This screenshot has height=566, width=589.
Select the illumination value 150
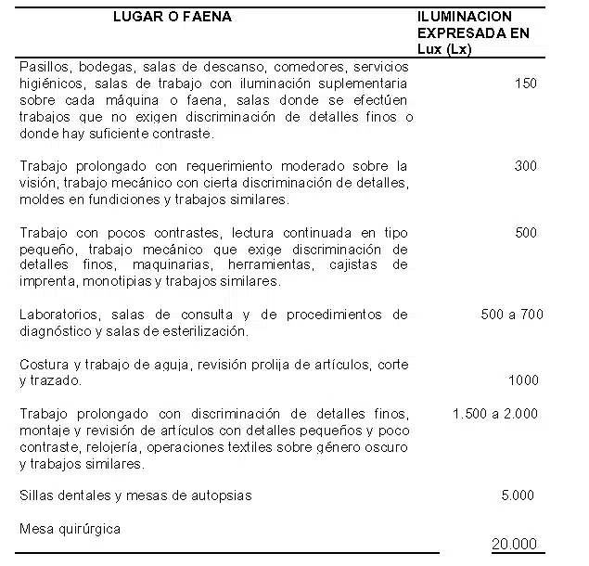click(x=525, y=84)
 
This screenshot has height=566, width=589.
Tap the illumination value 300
click(x=525, y=166)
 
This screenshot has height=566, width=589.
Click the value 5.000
click(x=517, y=495)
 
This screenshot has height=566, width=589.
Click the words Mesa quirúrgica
click(x=70, y=529)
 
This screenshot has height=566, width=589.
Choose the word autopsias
click(x=221, y=495)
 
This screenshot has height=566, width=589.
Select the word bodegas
click(x=111, y=67)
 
